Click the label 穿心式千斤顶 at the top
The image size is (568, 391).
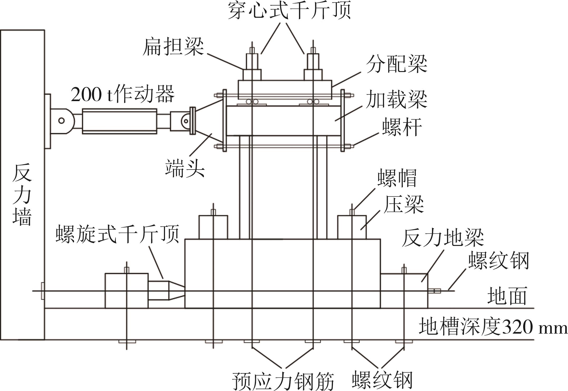click(x=289, y=11)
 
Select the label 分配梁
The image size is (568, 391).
click(x=396, y=64)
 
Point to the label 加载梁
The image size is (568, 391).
click(x=396, y=99)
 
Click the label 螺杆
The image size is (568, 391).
click(x=402, y=127)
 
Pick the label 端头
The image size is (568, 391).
click(x=185, y=169)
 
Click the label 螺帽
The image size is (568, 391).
click(x=397, y=178)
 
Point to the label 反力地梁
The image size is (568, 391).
click(x=443, y=237)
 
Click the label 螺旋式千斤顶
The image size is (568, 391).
click(x=118, y=234)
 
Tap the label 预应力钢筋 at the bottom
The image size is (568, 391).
click(x=283, y=381)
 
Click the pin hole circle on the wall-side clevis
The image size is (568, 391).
click(x=61, y=121)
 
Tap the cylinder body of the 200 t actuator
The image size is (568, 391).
click(x=119, y=121)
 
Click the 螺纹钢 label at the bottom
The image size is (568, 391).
click(x=382, y=380)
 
